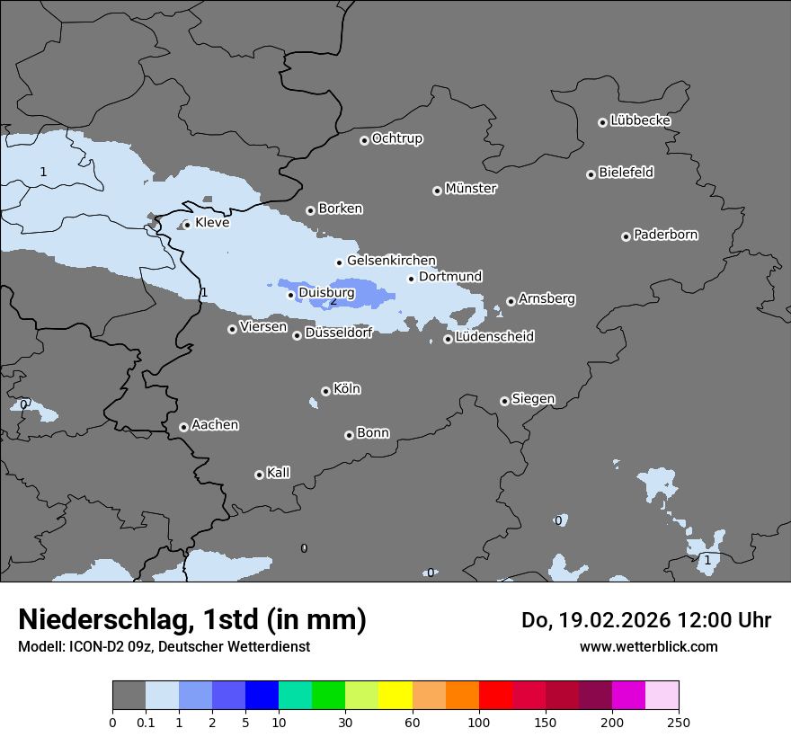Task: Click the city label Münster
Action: tap(471, 189)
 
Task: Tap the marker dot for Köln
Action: tap(325, 391)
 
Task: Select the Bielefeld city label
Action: tap(627, 173)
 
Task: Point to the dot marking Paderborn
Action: tap(626, 236)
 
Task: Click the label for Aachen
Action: tap(215, 425)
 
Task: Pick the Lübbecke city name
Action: tap(640, 120)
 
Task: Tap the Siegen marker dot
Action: tap(504, 401)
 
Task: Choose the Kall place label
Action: tap(278, 473)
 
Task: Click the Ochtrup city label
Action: tap(397, 138)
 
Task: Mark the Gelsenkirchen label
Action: tap(392, 261)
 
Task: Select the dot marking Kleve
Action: tap(187, 225)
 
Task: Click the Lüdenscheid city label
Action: tap(495, 337)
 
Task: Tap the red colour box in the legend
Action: tap(495, 696)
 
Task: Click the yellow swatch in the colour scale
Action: tap(395, 696)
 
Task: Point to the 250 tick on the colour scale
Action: tap(679, 721)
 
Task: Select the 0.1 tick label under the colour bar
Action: tap(146, 721)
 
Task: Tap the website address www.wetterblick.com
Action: tap(649, 646)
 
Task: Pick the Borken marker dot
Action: tap(310, 210)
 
